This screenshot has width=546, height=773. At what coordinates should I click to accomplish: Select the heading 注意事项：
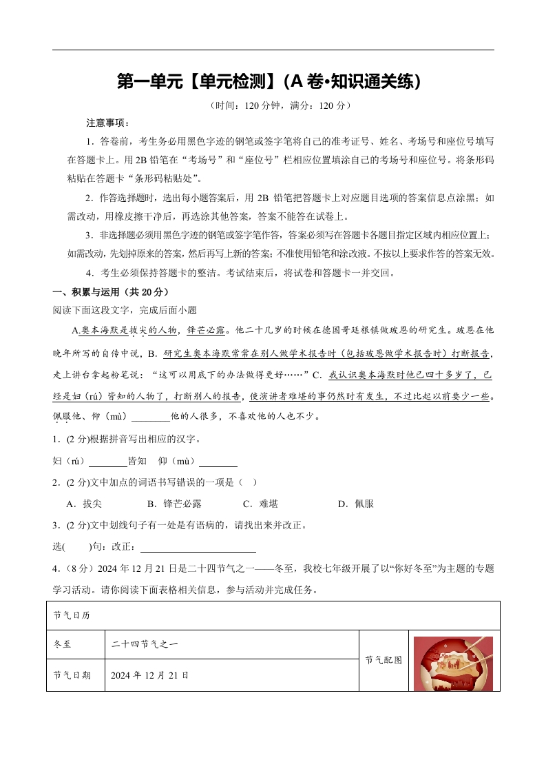tap(107, 123)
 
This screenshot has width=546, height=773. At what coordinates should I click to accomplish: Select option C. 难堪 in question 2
tap(260, 504)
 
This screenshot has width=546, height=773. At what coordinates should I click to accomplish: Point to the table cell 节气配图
tap(384, 660)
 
